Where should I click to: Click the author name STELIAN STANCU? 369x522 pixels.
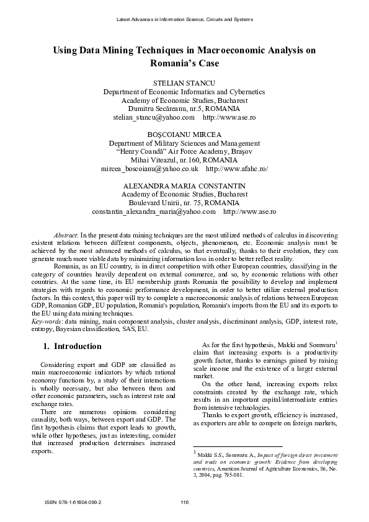pyautogui.click(x=185, y=82)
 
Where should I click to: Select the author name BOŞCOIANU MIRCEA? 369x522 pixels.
pyautogui.click(x=185, y=133)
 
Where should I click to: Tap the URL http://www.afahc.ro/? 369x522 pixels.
pyautogui.click(x=236, y=168)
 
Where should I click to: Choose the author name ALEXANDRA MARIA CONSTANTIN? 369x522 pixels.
pyautogui.click(x=185, y=185)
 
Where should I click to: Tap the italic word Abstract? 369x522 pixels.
pyautogui.click(x=66, y=236)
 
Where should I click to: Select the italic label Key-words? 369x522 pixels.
pyautogui.click(x=47, y=322)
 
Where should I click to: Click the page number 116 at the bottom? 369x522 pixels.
pyautogui.click(x=184, y=501)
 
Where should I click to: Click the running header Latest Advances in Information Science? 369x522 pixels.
pyautogui.click(x=185, y=20)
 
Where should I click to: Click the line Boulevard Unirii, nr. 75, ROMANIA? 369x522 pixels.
pyautogui.click(x=185, y=203)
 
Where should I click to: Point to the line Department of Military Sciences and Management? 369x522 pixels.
pyautogui.click(x=185, y=142)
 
